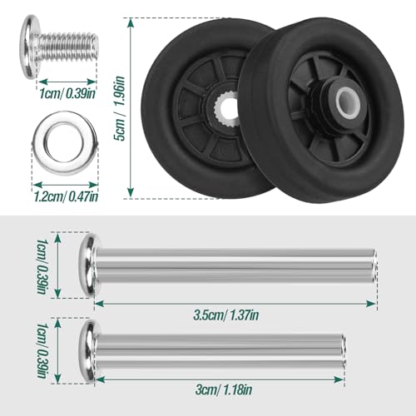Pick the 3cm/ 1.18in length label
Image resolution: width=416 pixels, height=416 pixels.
[x=218, y=389]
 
